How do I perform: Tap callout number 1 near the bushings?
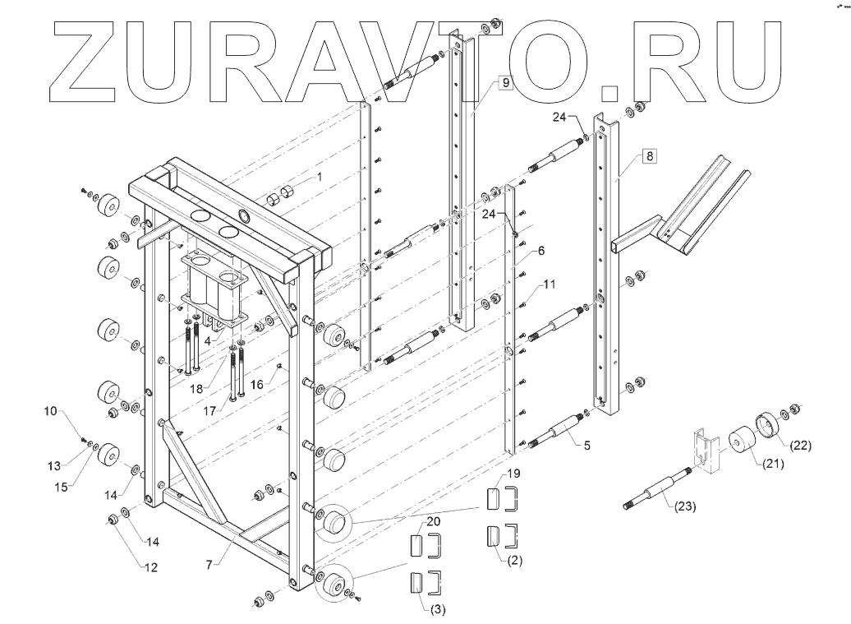pyautogui.click(x=321, y=178)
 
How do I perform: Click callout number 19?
pyautogui.click(x=513, y=474)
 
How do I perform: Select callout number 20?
pyautogui.click(x=433, y=522)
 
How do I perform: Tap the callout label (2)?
pyautogui.click(x=513, y=560)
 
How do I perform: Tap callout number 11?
pyautogui.click(x=550, y=284)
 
